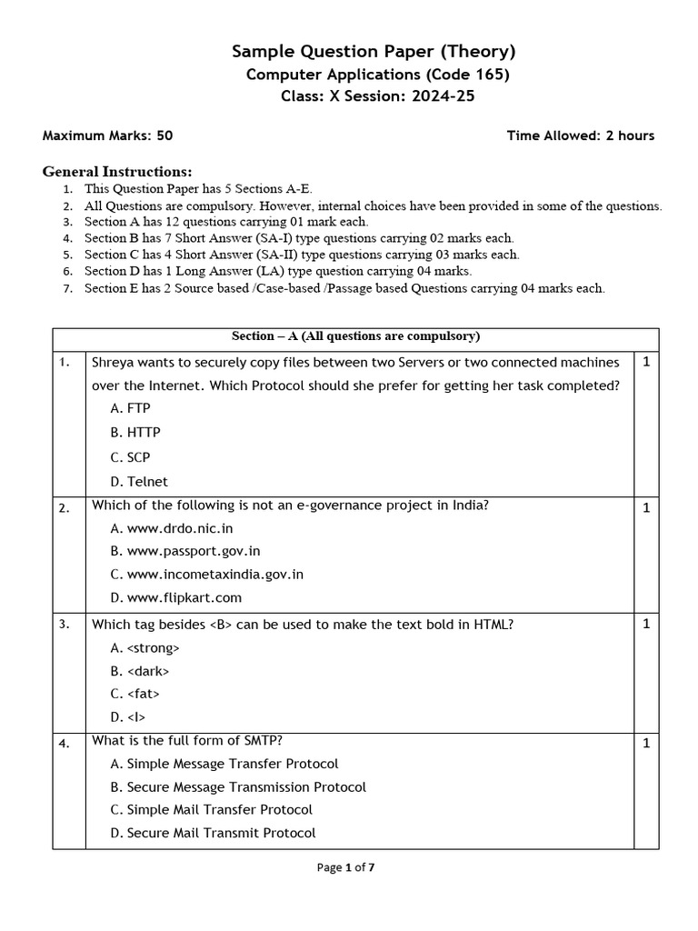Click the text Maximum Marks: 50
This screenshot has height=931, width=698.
[x=107, y=135]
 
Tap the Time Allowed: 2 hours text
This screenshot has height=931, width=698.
[x=580, y=135]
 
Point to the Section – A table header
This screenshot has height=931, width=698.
[x=355, y=336]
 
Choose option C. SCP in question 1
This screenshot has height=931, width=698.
[x=130, y=457]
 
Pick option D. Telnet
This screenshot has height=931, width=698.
[x=139, y=482]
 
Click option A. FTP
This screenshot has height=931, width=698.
[x=130, y=409]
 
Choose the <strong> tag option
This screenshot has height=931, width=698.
[x=145, y=648]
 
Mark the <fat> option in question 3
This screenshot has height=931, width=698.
[x=135, y=694]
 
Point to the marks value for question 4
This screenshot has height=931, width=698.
[x=646, y=744]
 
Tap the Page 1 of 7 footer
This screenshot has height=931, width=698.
[x=345, y=867]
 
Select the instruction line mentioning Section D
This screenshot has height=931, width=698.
[x=277, y=271]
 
